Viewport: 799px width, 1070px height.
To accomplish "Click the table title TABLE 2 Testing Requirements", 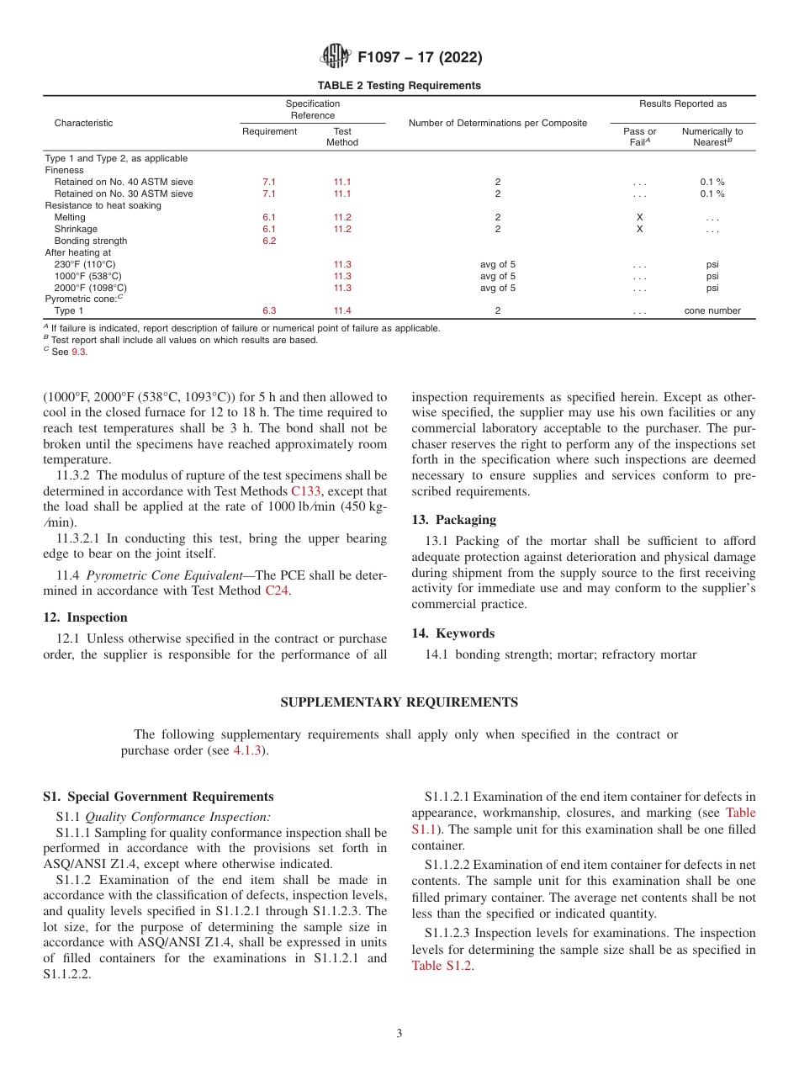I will (x=399, y=86).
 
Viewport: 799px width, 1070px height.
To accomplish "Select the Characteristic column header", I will (x=83, y=123).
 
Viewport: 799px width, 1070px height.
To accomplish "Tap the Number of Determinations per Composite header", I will (x=497, y=123).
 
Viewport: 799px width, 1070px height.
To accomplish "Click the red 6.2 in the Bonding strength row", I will (x=269, y=241).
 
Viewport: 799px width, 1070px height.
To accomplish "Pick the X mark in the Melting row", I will (x=639, y=217).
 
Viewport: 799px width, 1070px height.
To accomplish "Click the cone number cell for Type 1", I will (x=712, y=310).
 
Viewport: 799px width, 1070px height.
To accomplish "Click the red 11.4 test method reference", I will (x=342, y=310).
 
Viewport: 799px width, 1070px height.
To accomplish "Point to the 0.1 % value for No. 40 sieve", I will (x=712, y=182).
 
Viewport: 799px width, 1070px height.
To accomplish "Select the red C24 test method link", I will (x=276, y=591).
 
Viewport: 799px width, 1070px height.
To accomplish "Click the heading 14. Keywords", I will (x=452, y=633).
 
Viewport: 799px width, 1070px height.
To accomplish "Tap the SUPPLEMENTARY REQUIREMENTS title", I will (x=399, y=702).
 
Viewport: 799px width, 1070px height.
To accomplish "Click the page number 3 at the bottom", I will (x=399, y=1033).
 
